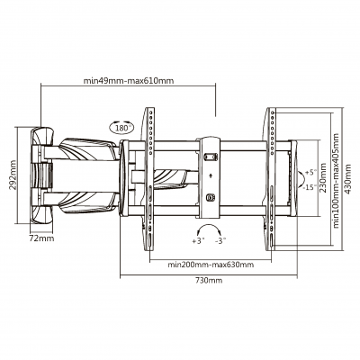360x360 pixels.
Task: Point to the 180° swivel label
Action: tap(123, 128)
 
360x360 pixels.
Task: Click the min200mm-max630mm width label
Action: tap(209, 265)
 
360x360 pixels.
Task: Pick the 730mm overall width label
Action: tap(209, 281)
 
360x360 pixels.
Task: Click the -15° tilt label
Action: tap(310, 188)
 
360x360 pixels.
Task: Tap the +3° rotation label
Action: tap(198, 241)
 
